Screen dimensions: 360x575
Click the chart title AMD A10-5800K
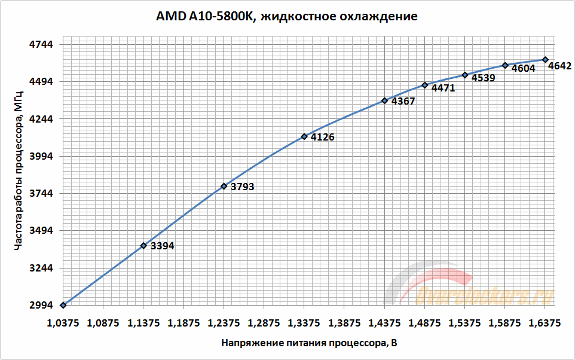[x=287, y=16]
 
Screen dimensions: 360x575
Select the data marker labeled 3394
[x=143, y=245]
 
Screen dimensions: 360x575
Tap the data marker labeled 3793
[x=224, y=186]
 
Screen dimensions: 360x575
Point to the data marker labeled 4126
[x=304, y=136]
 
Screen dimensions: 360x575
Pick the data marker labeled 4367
[x=384, y=100]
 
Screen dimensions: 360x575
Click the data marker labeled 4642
[x=545, y=59]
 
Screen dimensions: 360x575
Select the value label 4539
[x=483, y=78]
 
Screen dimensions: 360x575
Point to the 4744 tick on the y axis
[x=41, y=44]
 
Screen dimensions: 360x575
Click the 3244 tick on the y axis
[x=41, y=268]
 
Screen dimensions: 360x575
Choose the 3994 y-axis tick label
[x=41, y=156]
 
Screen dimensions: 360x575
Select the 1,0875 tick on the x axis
[x=103, y=323]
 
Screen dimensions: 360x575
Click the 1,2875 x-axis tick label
[x=264, y=323]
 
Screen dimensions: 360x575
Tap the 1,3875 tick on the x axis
[x=344, y=323]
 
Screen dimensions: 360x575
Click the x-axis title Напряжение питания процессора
[x=308, y=343]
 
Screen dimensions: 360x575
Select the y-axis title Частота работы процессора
[x=19, y=174]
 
